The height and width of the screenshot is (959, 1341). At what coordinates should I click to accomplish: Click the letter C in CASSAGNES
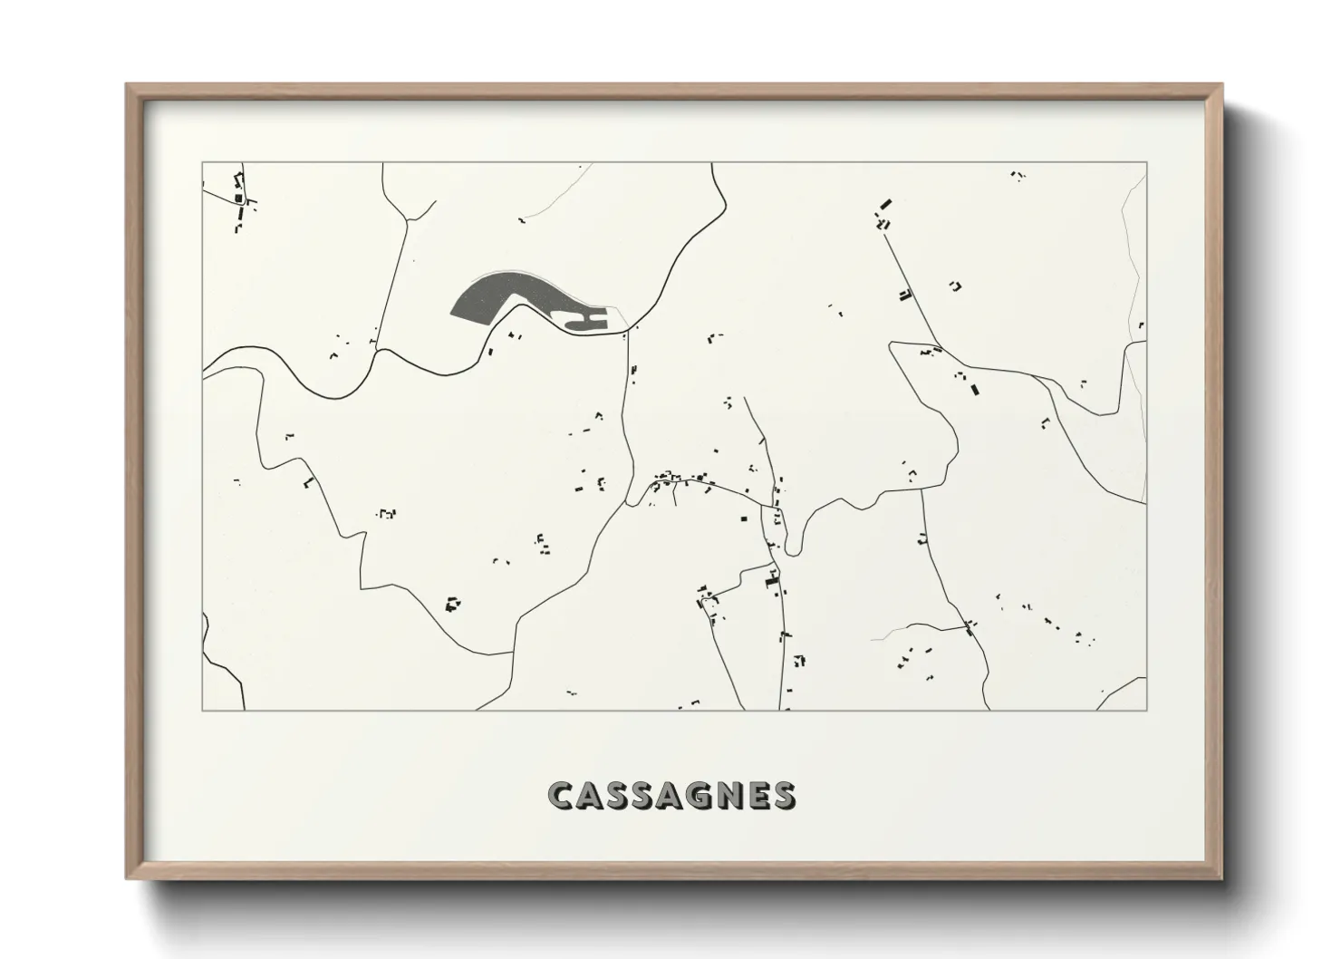click(562, 795)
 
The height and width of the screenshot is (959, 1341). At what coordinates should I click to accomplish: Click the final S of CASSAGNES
click(784, 795)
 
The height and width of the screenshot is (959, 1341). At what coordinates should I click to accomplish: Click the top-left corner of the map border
click(202, 163)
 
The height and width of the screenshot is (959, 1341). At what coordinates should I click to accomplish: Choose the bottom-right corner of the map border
click(1147, 710)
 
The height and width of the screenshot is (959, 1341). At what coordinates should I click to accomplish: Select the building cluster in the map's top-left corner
click(240, 199)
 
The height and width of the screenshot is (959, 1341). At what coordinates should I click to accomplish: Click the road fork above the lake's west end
click(409, 220)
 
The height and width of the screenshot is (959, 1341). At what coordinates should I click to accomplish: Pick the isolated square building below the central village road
click(744, 518)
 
